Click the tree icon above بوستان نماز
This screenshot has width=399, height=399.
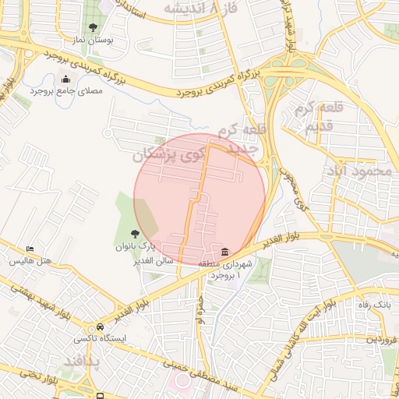94,27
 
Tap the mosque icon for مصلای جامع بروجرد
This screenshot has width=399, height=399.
65,79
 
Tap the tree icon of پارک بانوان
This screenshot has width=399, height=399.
135,234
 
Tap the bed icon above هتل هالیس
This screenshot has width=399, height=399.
30,249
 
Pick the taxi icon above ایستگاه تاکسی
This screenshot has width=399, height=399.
99,328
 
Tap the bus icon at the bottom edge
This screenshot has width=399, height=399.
101,395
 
